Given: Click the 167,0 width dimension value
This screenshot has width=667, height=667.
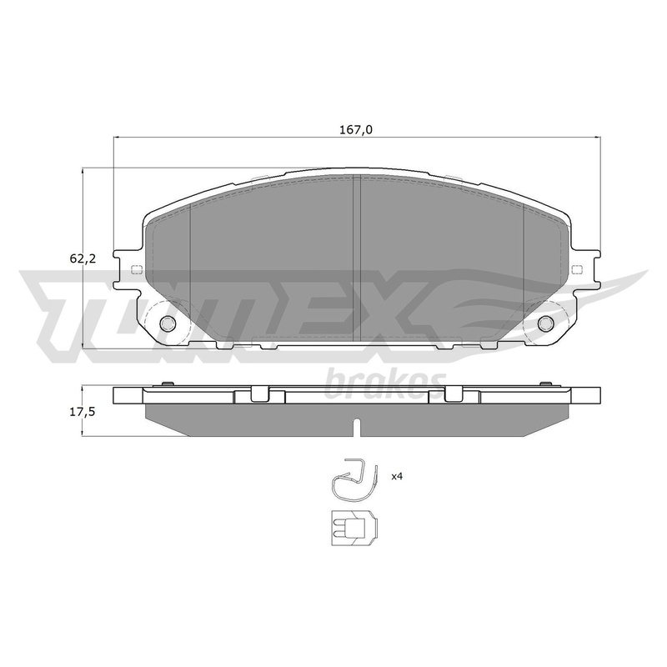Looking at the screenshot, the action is click(356, 130).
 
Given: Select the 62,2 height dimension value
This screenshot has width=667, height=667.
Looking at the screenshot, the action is click(83, 258).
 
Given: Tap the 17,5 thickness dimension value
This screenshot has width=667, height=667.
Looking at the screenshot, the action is click(83, 412).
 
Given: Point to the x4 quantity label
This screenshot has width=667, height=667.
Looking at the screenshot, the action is click(397, 476).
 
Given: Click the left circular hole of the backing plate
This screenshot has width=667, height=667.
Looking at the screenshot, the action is click(168, 323).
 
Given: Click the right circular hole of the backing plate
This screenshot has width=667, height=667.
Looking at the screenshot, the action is click(546, 323).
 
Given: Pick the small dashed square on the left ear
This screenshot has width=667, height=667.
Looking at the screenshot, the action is click(137, 268).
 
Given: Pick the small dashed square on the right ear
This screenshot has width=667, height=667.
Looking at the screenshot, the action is click(577, 268).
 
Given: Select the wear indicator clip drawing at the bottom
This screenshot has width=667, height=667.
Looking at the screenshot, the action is click(353, 528).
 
